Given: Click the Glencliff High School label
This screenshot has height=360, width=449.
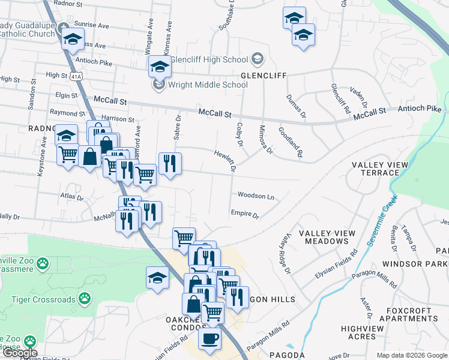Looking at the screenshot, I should click(x=209, y=59).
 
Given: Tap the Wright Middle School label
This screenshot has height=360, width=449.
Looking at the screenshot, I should click(x=208, y=85).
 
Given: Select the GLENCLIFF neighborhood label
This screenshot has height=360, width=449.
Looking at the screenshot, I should click(x=264, y=76).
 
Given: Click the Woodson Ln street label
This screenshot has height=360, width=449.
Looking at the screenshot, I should click(x=256, y=196).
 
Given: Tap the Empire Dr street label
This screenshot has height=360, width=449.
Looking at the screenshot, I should click(x=244, y=214).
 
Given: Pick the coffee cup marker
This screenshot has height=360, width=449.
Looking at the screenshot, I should click(x=209, y=338).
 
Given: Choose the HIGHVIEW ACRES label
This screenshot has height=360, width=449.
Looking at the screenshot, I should click(x=366, y=332).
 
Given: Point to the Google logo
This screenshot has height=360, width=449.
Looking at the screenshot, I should click(x=20, y=353).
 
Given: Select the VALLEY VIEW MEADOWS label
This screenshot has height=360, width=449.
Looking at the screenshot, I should click(x=323, y=237).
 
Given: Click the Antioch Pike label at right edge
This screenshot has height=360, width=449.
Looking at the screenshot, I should click(x=420, y=109).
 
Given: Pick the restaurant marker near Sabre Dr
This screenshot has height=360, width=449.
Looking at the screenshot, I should click(x=170, y=164).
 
